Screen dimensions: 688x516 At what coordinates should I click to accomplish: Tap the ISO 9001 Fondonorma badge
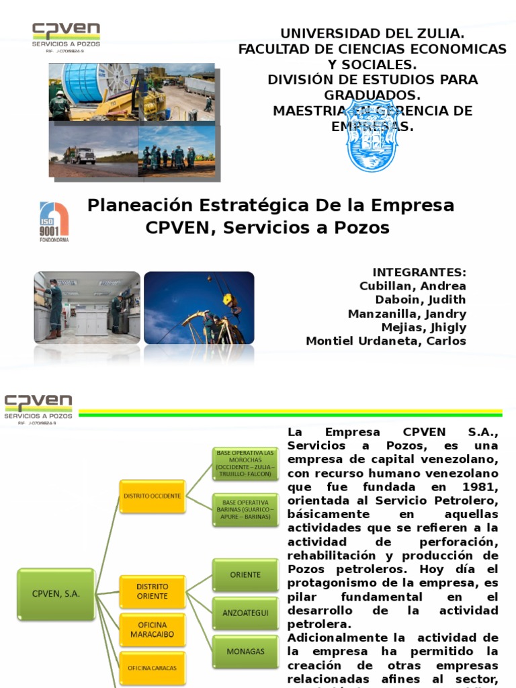pos(54,222)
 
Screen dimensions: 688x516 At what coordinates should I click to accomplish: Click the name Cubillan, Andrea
pos(413,286)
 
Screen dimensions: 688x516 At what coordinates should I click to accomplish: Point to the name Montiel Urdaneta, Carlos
pos(386,341)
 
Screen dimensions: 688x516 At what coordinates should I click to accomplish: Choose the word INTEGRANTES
pos(419,272)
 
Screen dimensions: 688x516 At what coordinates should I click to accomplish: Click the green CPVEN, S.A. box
pos(56,593)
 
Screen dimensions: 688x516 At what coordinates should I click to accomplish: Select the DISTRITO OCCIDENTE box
pos(152,495)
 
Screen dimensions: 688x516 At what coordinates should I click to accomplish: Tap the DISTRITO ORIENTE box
pos(153,591)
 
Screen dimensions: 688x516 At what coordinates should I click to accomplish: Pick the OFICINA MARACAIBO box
pos(153,630)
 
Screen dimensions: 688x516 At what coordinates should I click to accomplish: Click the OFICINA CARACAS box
pos(153,668)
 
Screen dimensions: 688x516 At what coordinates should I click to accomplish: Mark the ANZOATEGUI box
pos(245,612)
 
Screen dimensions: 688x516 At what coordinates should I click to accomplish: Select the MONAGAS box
pos(245,651)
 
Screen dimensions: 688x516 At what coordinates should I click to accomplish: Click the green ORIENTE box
pos(245,574)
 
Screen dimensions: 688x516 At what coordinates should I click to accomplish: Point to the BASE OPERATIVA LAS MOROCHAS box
pos(245,464)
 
